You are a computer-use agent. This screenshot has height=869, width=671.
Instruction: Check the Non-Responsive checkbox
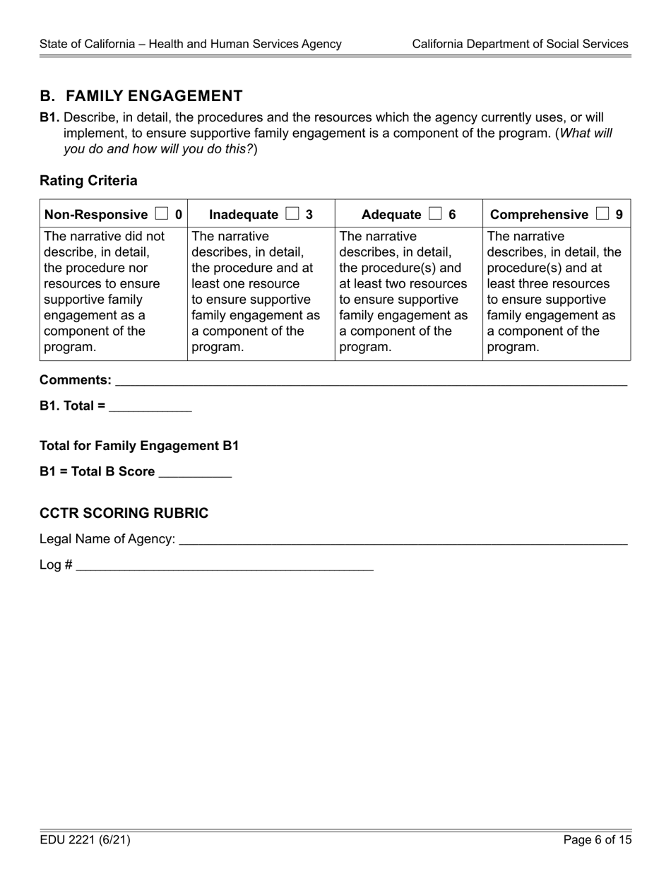(x=162, y=214)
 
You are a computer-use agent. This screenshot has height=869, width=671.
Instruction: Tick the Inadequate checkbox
(x=292, y=214)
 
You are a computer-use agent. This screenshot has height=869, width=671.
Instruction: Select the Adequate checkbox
(x=435, y=214)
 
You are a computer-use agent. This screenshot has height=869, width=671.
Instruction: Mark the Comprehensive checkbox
(x=602, y=214)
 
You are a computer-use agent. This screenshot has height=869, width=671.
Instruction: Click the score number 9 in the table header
(x=619, y=214)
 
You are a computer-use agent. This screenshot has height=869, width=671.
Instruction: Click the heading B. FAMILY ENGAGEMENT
(x=141, y=96)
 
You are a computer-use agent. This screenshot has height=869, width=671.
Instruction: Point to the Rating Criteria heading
(x=88, y=181)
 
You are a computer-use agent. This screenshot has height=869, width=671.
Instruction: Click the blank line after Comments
(x=371, y=381)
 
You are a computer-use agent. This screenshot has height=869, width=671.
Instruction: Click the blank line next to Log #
(x=224, y=565)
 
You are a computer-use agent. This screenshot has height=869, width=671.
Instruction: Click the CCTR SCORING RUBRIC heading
(x=124, y=514)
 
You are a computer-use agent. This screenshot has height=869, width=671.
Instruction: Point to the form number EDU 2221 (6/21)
(x=85, y=840)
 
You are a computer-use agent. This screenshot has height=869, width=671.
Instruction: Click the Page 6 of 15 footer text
(x=597, y=840)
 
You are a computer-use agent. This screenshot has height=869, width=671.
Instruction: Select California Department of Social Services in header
(x=520, y=44)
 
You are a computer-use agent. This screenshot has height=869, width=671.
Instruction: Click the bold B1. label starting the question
(x=49, y=117)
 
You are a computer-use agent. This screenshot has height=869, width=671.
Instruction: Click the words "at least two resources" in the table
(x=403, y=284)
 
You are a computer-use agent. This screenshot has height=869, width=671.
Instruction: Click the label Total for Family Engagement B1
(x=139, y=446)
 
